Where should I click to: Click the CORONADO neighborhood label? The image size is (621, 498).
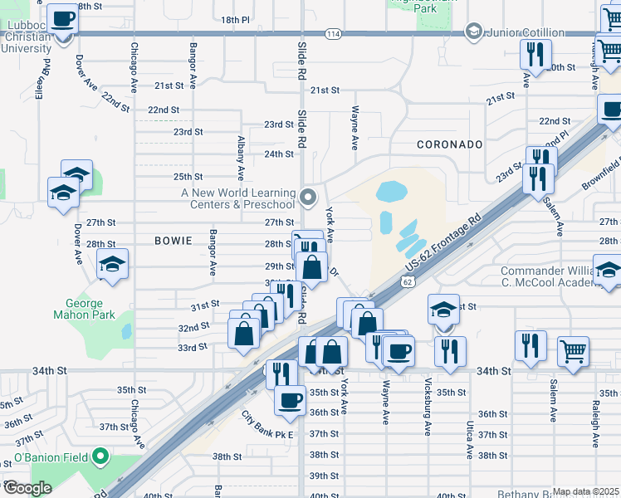tap(449, 144)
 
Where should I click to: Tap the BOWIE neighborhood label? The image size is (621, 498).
tap(174, 241)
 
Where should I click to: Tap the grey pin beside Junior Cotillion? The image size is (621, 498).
tap(474, 32)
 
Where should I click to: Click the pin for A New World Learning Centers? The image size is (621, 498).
tap(308, 198)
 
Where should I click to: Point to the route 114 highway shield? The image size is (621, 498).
tap(333, 33)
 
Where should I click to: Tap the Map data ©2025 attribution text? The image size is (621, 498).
tap(585, 491)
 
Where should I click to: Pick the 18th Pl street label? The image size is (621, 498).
tap(236, 19)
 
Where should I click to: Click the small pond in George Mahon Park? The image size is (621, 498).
tap(126, 331)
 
